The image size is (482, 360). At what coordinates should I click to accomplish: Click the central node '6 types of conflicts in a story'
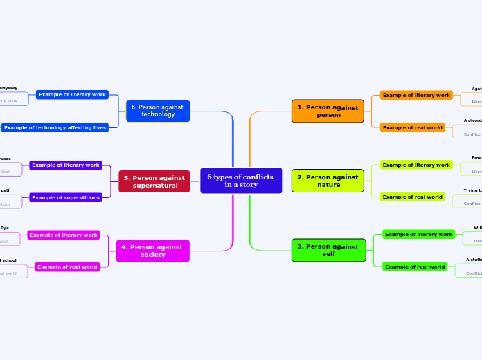click(240, 181)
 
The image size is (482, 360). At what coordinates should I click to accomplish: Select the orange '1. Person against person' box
click(328, 111)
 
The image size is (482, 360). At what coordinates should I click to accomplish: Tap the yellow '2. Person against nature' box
click(328, 181)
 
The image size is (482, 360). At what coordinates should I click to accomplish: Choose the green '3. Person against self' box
click(328, 250)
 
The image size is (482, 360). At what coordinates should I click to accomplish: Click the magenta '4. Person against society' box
click(152, 251)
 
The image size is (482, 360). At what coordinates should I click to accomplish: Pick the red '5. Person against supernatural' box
click(154, 181)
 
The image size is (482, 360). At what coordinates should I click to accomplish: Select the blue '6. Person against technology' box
click(158, 111)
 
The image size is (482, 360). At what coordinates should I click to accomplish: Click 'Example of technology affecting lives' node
click(55, 127)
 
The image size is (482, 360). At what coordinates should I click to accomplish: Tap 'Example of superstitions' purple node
click(66, 197)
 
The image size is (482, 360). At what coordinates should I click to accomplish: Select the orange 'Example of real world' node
click(412, 127)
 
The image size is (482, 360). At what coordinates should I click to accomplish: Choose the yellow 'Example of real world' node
click(412, 197)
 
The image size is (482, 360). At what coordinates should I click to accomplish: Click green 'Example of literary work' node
click(418, 234)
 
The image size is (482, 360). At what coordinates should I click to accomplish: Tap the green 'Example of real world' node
click(414, 267)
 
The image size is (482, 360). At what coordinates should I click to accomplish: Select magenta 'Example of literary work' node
click(64, 235)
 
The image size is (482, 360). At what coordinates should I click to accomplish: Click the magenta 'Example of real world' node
click(67, 267)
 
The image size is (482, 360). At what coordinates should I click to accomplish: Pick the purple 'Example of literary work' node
click(66, 165)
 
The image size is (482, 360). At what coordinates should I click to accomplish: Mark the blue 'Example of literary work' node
click(72, 94)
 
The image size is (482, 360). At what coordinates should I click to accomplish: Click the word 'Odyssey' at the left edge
click(8, 88)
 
